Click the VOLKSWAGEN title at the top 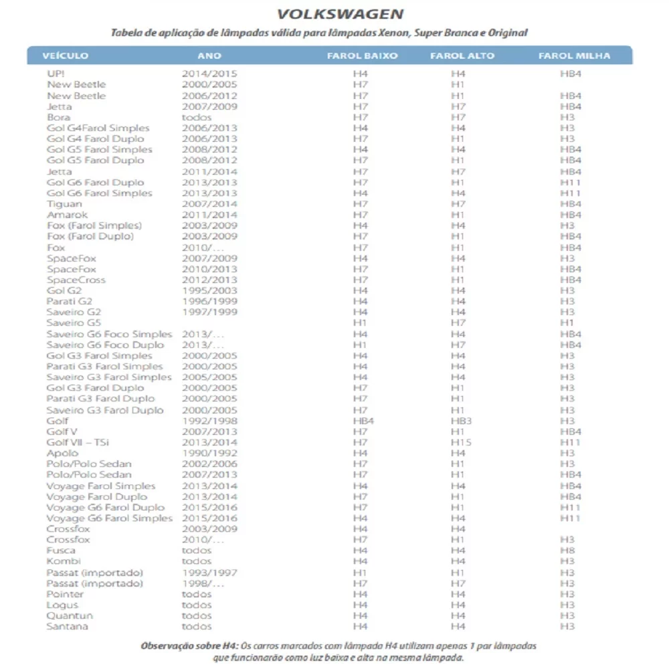[340, 14]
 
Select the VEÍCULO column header [65, 56]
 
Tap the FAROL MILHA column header [574, 56]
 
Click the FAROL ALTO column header [462, 56]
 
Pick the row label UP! [56, 74]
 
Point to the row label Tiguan [64, 203]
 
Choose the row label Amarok [67, 215]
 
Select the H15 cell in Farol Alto [460, 442]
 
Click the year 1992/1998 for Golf [209, 421]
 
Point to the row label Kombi [64, 561]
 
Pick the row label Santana [67, 626]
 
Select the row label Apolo [62, 453]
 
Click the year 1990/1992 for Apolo [209, 453]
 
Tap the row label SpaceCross [76, 280]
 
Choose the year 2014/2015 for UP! [209, 74]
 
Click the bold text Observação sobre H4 [190, 647]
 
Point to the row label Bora [58, 117]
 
